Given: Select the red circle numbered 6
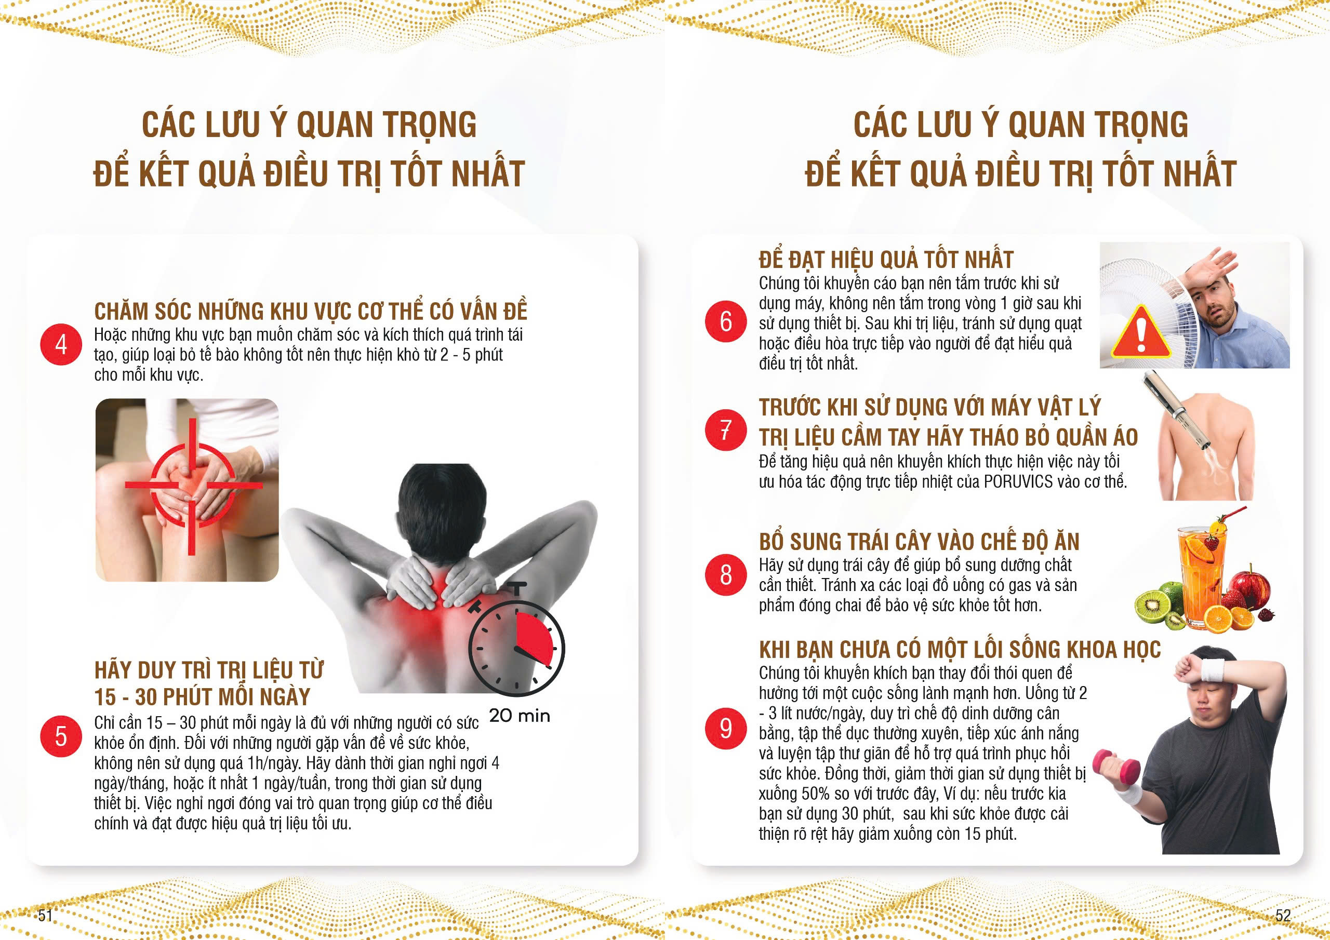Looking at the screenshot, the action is pyautogui.click(x=726, y=321).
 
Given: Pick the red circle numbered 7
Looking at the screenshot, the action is pyautogui.click(x=726, y=429).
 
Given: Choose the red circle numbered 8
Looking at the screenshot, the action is pyautogui.click(x=726, y=574).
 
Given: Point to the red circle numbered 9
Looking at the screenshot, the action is pyautogui.click(x=726, y=728).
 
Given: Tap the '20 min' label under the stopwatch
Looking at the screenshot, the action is pyautogui.click(x=520, y=716).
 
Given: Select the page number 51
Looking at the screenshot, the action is pyautogui.click(x=45, y=915).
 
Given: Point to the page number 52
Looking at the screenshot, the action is pyautogui.click(x=1283, y=915).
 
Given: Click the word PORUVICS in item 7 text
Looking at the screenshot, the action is pyautogui.click(x=1017, y=481).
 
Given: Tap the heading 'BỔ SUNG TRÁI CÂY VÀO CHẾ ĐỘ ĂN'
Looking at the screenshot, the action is pyautogui.click(x=919, y=542).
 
